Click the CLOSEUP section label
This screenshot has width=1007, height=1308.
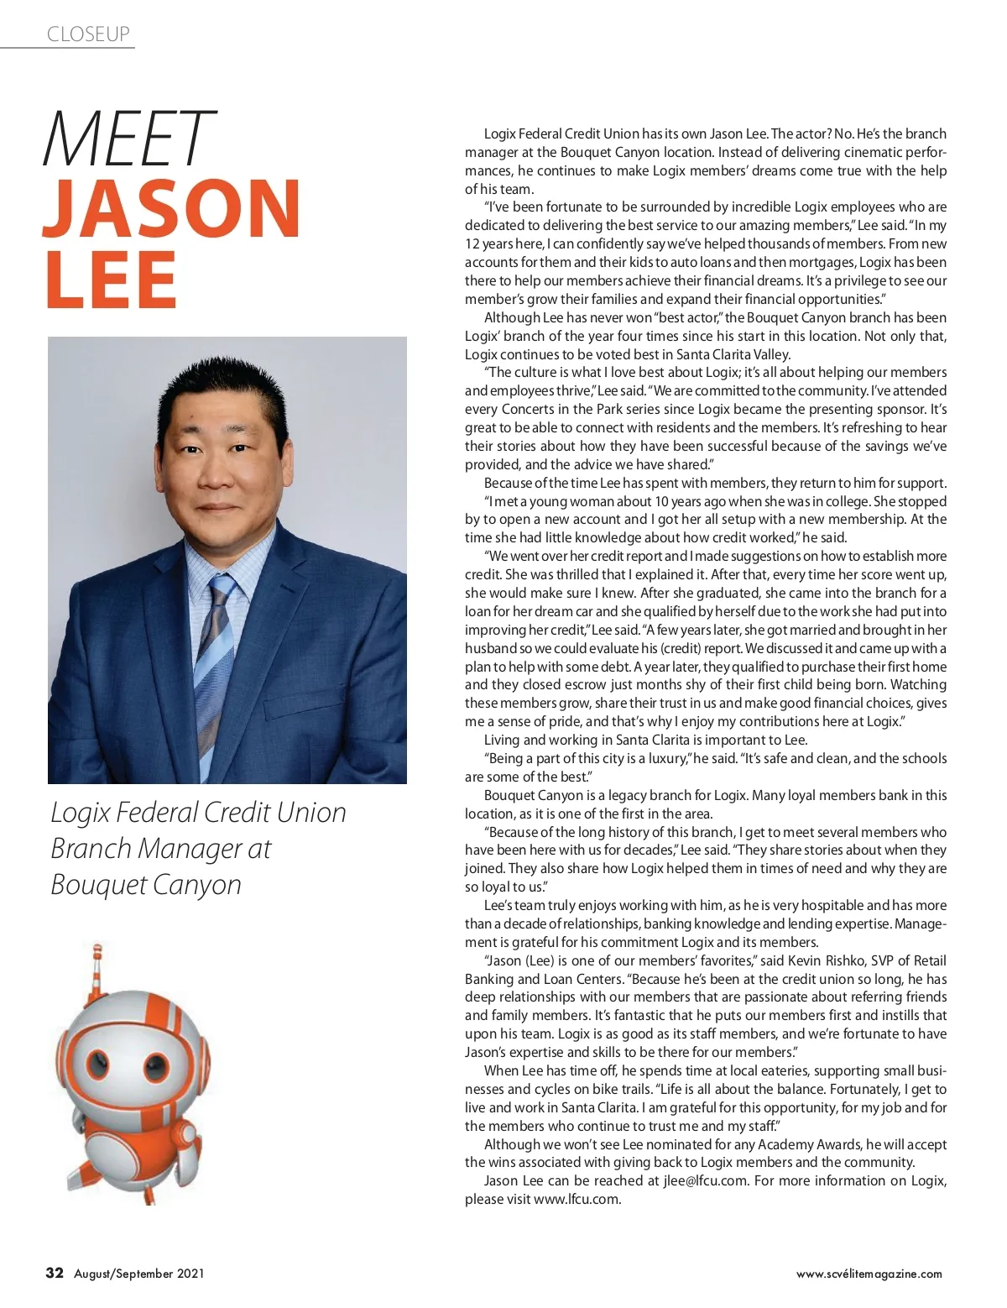point(88,34)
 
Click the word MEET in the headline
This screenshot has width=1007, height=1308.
point(126,139)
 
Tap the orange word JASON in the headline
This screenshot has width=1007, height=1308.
point(172,208)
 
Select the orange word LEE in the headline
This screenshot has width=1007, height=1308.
point(110,280)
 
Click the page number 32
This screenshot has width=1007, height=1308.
point(55,1273)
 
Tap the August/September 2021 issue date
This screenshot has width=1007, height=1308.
point(139,1274)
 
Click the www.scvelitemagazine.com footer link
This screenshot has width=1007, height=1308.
point(869,1274)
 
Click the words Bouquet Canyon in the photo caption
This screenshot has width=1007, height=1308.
point(146,884)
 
